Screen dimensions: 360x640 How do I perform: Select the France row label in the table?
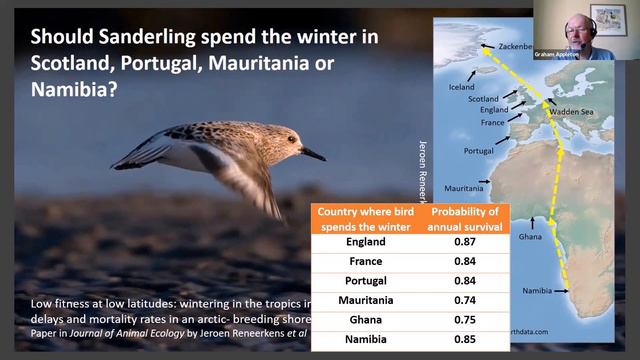pyautogui.click(x=364, y=261)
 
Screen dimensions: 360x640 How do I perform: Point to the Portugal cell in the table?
pyautogui.click(x=364, y=280)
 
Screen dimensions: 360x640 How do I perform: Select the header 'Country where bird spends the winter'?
pyautogui.click(x=364, y=217)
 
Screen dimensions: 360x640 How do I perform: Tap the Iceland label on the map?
pyautogui.click(x=461, y=87)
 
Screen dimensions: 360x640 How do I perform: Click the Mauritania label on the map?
pyautogui.click(x=464, y=187)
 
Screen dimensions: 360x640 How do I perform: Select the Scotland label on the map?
pyautogui.click(x=483, y=99)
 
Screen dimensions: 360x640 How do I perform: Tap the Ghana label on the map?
pyautogui.click(x=531, y=239)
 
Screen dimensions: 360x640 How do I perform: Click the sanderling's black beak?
pyautogui.click(x=313, y=154)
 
